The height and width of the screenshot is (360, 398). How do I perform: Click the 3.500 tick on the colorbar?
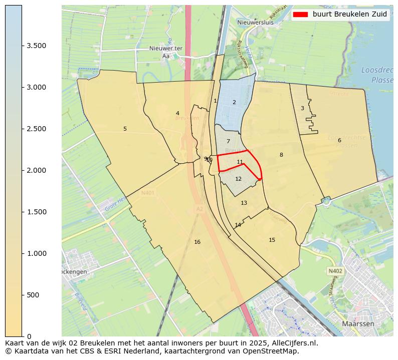click(x=22, y=46)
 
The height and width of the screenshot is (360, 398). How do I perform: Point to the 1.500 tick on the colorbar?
click(x=22, y=212)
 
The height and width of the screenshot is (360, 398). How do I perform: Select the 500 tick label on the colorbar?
click(x=34, y=295)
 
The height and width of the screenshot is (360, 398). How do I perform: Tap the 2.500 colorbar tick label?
click(x=37, y=129)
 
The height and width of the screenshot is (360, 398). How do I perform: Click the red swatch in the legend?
click(x=300, y=15)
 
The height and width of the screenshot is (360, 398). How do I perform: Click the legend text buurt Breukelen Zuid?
click(x=349, y=15)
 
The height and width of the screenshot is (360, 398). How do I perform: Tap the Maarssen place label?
click(x=358, y=324)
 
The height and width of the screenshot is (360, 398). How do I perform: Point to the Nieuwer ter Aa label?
click(x=166, y=52)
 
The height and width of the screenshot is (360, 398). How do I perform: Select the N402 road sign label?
click(x=335, y=271)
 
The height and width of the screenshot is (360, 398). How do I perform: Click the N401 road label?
click(x=148, y=192)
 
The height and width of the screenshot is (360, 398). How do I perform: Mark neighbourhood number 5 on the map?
click(x=125, y=129)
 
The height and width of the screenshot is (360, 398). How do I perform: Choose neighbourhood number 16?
click(x=197, y=242)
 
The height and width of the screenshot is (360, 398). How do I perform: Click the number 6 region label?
click(x=339, y=140)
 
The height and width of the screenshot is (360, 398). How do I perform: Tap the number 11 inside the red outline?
click(x=240, y=162)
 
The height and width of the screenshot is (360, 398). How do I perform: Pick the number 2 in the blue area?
click(x=234, y=103)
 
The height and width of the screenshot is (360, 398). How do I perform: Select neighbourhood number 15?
click(x=272, y=240)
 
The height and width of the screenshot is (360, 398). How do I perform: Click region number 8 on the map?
click(x=281, y=155)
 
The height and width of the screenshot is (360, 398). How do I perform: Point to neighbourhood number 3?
click(x=302, y=108)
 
